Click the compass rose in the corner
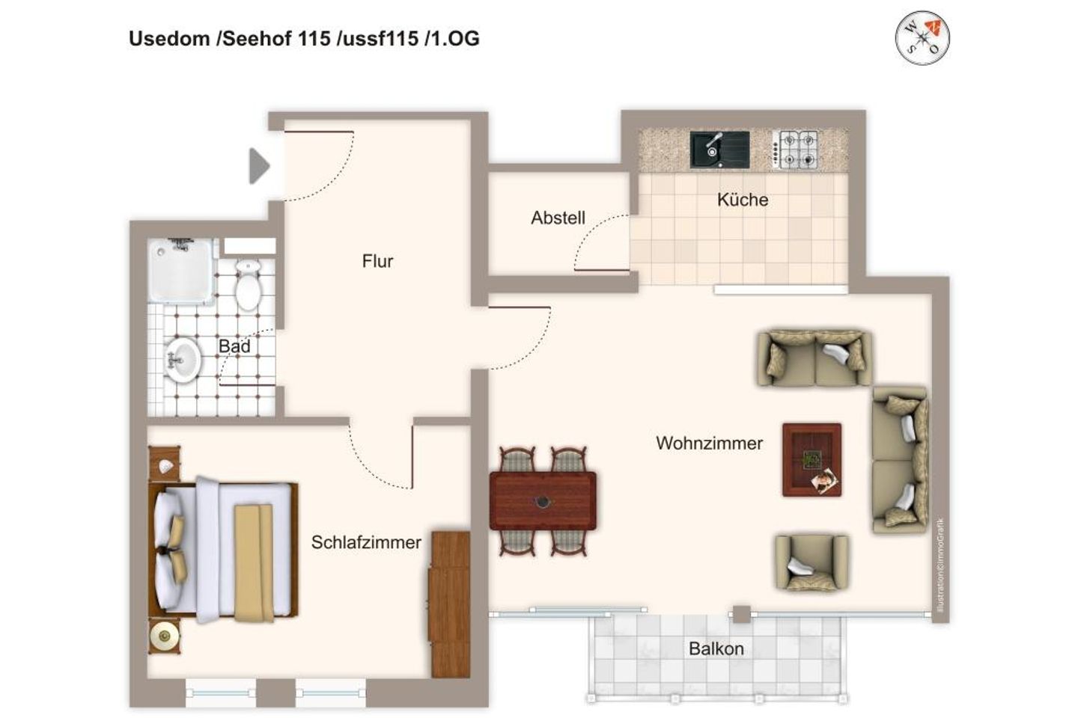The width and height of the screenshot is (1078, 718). (x=922, y=37)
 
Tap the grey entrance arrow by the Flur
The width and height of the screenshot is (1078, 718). (x=259, y=166)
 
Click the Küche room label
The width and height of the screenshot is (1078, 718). (x=742, y=200)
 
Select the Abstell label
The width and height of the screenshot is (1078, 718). (x=558, y=218)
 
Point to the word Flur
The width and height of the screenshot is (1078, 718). (x=377, y=261)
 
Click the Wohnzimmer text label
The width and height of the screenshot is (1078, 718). (x=709, y=443)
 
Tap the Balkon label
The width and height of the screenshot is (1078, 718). (x=716, y=648)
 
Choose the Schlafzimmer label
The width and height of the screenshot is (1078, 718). (x=366, y=542)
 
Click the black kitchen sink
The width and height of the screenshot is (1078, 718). (x=719, y=149)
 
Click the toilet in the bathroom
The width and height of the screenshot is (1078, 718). (x=247, y=284)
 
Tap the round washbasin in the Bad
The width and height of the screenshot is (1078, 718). (x=182, y=360)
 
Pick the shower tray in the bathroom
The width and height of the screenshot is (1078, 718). (x=182, y=271)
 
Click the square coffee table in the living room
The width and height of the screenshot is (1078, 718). (x=811, y=460)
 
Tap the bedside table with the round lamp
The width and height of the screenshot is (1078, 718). (x=164, y=636)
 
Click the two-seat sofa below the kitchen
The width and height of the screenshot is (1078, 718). (x=814, y=358)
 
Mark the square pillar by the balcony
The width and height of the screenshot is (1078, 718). (x=741, y=614)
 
